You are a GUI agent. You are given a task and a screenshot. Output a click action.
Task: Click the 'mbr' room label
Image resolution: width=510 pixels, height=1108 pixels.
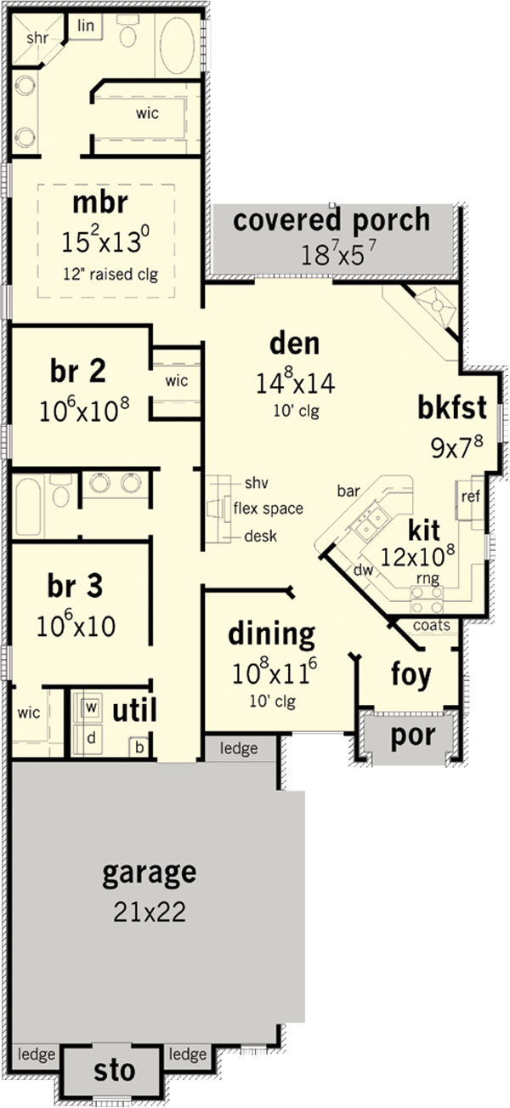click(100, 202)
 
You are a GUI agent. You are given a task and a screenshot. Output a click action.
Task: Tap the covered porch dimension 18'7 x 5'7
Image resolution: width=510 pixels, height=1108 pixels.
click(339, 255)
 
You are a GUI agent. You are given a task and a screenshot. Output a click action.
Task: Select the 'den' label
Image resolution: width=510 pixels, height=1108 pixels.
click(294, 344)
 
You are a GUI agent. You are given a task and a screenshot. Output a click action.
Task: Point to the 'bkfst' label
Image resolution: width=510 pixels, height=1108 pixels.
click(452, 407)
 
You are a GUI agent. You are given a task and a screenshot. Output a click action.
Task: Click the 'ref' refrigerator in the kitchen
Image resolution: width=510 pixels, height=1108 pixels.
click(470, 496)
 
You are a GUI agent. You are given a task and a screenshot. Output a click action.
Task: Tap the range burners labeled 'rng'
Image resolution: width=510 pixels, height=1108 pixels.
click(427, 599)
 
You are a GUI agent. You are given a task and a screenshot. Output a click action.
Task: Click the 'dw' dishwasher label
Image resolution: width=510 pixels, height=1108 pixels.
click(363, 571)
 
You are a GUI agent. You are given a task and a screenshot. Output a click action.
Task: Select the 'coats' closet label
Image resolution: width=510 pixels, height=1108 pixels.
click(431, 625)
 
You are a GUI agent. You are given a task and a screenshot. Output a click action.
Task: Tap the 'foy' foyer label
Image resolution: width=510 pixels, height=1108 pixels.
click(411, 673)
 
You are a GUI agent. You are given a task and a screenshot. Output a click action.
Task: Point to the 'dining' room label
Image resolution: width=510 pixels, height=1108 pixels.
click(271, 634)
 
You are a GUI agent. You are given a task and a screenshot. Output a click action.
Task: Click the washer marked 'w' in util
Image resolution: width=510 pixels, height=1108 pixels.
click(90, 707)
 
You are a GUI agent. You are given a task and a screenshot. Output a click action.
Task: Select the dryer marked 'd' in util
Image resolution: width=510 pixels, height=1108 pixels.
click(90, 738)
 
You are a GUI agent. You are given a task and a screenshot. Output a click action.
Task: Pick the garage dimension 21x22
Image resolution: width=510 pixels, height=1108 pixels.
click(150, 911)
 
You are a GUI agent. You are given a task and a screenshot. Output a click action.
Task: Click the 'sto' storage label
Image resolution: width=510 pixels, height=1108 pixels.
click(114, 1070)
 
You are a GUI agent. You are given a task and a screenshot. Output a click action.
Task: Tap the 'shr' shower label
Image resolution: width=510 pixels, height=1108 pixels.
click(37, 37)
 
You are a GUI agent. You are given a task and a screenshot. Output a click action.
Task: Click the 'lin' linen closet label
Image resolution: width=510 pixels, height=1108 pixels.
click(86, 26)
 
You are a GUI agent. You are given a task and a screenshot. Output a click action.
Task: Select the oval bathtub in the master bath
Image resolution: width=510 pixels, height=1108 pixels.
click(177, 47)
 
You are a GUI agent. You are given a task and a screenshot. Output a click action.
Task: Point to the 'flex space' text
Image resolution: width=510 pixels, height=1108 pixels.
click(268, 509)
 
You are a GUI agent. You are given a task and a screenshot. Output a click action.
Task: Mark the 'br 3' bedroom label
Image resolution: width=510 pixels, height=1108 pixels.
click(75, 586)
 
